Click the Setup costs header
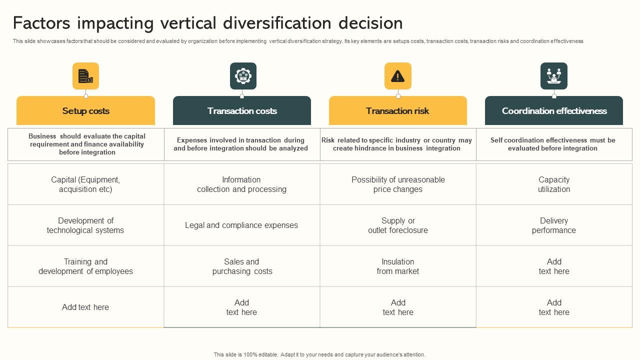point(85,111)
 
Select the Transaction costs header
point(242,111)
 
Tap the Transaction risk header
point(397,111)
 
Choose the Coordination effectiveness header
point(554,111)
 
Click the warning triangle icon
point(397,76)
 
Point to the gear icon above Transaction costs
point(243,76)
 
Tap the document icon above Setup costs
point(85,76)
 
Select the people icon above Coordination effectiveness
point(553,76)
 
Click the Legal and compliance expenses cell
point(241,225)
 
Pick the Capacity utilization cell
point(554,184)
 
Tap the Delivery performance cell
point(554,225)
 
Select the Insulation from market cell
point(398,266)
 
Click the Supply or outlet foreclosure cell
point(398,225)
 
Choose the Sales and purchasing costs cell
point(242,266)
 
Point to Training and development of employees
point(85,266)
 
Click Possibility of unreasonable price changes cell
point(398,184)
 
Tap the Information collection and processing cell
point(241,184)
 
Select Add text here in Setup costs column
point(85,307)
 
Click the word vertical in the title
point(188,23)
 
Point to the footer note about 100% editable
point(319,354)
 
